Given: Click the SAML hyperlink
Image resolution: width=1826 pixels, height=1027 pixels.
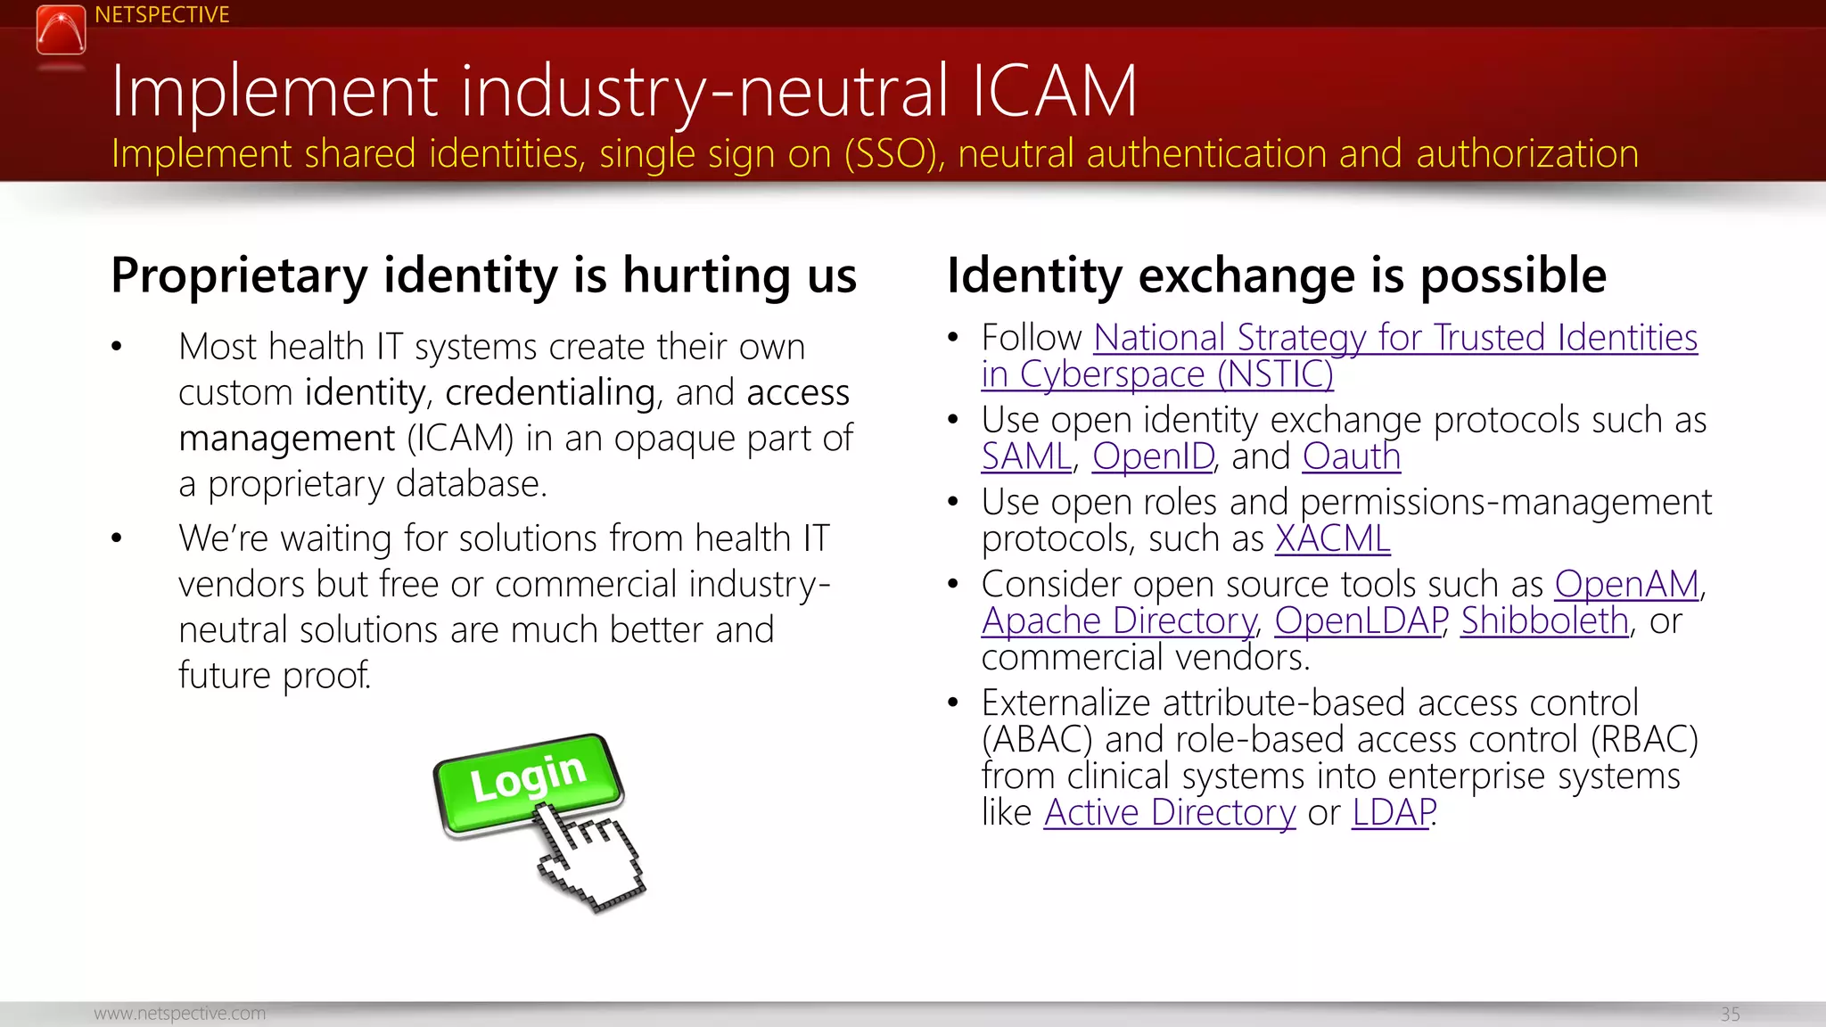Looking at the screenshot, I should click(1026, 457).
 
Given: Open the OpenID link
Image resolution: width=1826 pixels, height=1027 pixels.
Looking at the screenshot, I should click(1153, 457).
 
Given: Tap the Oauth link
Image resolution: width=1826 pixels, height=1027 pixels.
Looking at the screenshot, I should click(1351, 457).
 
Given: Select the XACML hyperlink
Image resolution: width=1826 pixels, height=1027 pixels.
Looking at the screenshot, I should click(1332, 539).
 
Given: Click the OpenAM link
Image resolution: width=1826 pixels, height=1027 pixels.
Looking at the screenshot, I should click(1626, 585).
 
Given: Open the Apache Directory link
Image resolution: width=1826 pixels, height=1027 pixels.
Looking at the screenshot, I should click(1119, 621).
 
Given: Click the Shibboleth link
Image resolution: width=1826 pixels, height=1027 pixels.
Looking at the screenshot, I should click(1544, 621).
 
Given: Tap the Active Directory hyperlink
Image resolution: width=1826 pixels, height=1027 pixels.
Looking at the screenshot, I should click(1169, 813).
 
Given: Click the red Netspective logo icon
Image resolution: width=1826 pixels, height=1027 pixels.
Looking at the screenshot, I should click(61, 29).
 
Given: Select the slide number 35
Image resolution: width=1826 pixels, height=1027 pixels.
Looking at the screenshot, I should click(1730, 1015).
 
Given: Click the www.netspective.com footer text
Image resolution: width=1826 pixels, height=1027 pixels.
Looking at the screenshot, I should click(179, 1014).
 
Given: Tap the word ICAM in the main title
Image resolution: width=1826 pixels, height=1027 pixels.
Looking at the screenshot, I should click(1054, 91).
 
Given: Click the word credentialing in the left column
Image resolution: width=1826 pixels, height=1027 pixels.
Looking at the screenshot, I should click(550, 393).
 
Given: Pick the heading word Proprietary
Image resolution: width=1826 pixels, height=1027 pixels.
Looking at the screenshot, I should click(239, 275).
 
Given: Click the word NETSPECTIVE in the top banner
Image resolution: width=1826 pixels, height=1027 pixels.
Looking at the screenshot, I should click(161, 15).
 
